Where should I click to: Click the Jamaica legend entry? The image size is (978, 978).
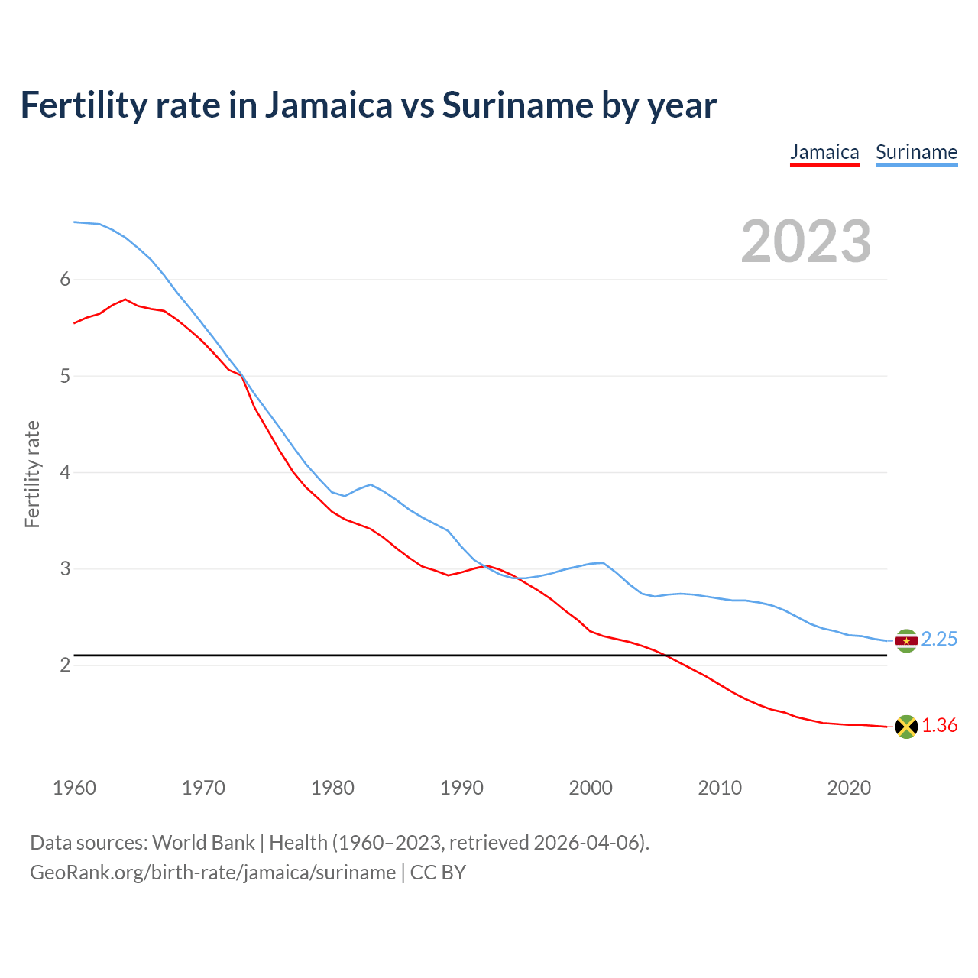click(824, 152)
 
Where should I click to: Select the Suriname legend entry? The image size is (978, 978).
click(916, 152)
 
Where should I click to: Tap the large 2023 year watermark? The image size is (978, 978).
click(806, 241)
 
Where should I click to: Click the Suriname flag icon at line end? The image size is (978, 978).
click(906, 640)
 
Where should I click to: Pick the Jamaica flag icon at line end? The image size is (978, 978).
click(906, 727)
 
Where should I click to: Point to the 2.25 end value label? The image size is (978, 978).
click(939, 640)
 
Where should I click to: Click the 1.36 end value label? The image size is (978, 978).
click(939, 726)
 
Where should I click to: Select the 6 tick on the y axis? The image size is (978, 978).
click(65, 280)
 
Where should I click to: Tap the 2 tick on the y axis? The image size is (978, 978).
click(65, 665)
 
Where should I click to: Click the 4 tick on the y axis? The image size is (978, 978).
click(65, 472)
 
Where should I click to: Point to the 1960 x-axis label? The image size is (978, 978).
click(74, 788)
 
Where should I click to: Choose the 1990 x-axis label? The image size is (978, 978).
click(461, 788)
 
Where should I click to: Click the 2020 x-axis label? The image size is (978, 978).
click(849, 788)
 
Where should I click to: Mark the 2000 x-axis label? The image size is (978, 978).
click(591, 788)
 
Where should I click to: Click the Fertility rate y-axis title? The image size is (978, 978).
click(32, 474)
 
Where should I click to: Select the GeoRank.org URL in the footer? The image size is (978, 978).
click(212, 873)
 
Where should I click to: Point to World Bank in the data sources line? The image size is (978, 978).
click(203, 843)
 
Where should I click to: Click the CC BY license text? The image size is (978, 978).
click(438, 873)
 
